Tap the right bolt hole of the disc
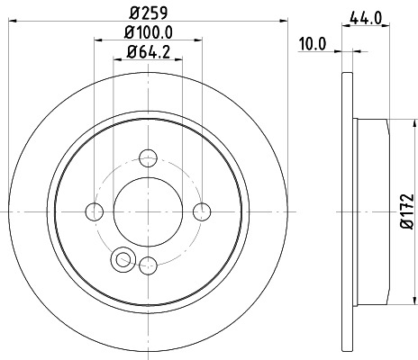click(x=202, y=211)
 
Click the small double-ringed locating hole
click(x=120, y=260)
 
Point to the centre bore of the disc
click(x=148, y=211)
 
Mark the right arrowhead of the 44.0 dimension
click(x=387, y=25)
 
